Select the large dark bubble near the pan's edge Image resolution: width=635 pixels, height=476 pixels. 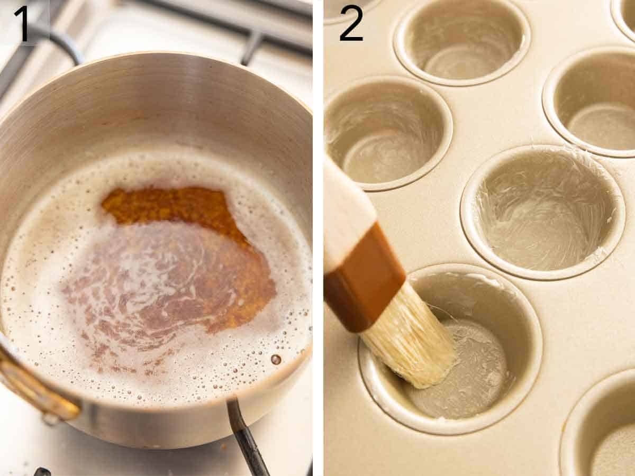(276, 360)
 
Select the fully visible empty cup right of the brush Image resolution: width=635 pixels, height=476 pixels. (542, 212)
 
